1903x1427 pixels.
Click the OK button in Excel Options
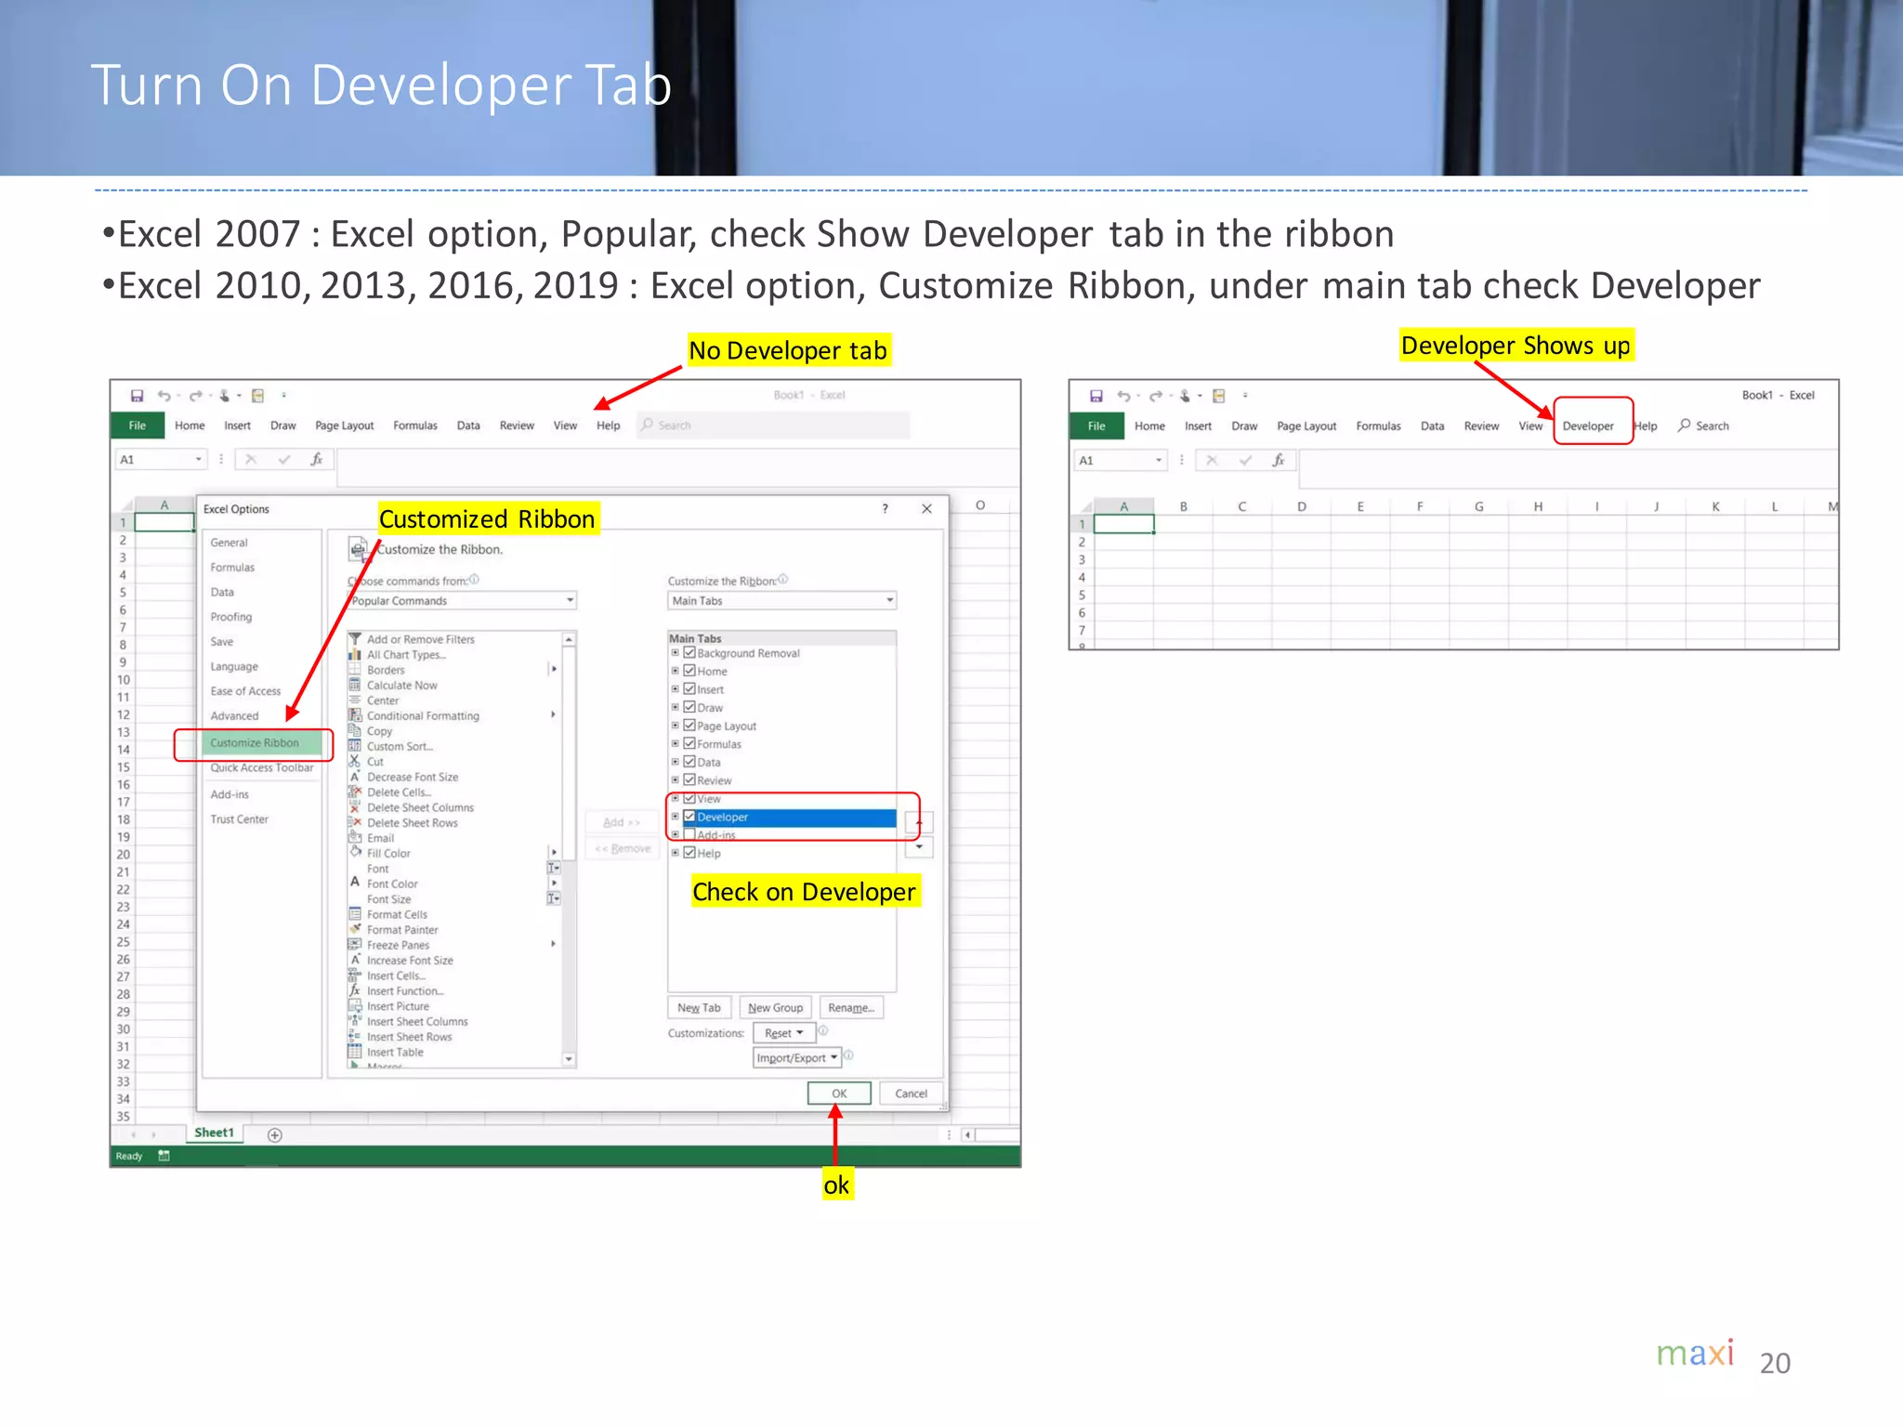(x=839, y=1093)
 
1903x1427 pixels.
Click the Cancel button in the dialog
(x=911, y=1093)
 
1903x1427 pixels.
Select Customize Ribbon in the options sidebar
(x=254, y=743)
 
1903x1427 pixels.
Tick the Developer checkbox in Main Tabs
(x=689, y=817)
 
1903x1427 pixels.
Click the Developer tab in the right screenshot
(x=1588, y=426)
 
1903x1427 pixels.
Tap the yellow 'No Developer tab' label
(x=788, y=350)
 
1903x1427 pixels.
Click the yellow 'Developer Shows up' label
(x=1516, y=346)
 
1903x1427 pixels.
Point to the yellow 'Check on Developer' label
(x=804, y=892)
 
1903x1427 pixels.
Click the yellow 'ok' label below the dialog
(x=836, y=1185)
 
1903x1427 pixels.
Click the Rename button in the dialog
(x=851, y=1008)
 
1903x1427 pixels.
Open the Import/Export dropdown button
(x=797, y=1058)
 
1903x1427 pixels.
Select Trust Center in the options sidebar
(x=239, y=819)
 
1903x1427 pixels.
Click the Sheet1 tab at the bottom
(x=214, y=1132)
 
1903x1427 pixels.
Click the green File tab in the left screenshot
(x=138, y=425)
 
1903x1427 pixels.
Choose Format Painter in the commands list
(x=401, y=930)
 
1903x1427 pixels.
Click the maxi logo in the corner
(x=1695, y=1354)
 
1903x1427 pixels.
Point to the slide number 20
(x=1775, y=1363)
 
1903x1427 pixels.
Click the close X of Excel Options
(x=926, y=508)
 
